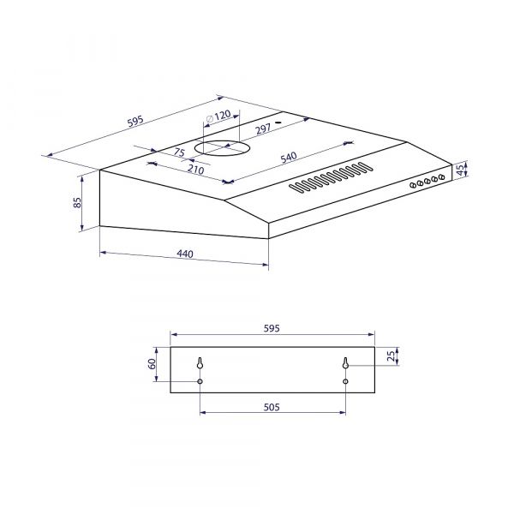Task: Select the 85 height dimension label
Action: click(76, 203)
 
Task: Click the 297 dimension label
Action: click(264, 129)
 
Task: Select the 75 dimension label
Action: click(178, 152)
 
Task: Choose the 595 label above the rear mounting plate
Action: click(272, 328)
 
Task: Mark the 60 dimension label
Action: click(152, 364)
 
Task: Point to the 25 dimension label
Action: click(392, 356)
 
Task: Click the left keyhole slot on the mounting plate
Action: click(200, 363)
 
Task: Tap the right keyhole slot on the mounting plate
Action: click(345, 363)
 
